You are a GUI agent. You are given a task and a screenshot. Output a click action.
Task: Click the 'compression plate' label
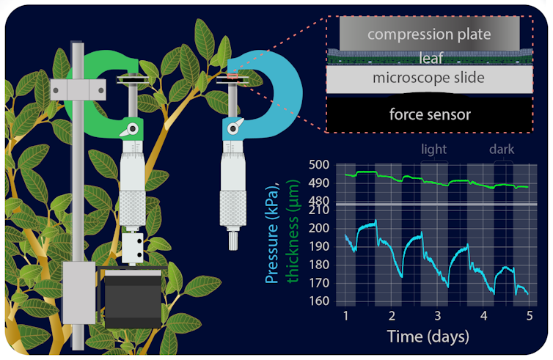tap(430, 34)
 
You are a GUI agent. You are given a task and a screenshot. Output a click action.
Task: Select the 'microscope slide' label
tap(429, 78)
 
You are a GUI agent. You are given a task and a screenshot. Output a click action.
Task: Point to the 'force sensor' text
tap(430, 114)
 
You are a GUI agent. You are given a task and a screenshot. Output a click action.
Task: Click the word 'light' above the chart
tap(433, 150)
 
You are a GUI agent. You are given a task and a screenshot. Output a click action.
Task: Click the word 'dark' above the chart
tap(502, 150)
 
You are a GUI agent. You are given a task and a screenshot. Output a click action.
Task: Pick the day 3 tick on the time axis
tap(437, 315)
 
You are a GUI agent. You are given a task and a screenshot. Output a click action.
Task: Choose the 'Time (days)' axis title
tap(429, 337)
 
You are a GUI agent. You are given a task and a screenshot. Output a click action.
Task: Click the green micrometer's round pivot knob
tap(132, 130)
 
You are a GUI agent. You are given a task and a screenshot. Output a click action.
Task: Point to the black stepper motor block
tap(133, 298)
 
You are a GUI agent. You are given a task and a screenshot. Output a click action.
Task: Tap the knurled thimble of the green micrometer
tap(132, 208)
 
